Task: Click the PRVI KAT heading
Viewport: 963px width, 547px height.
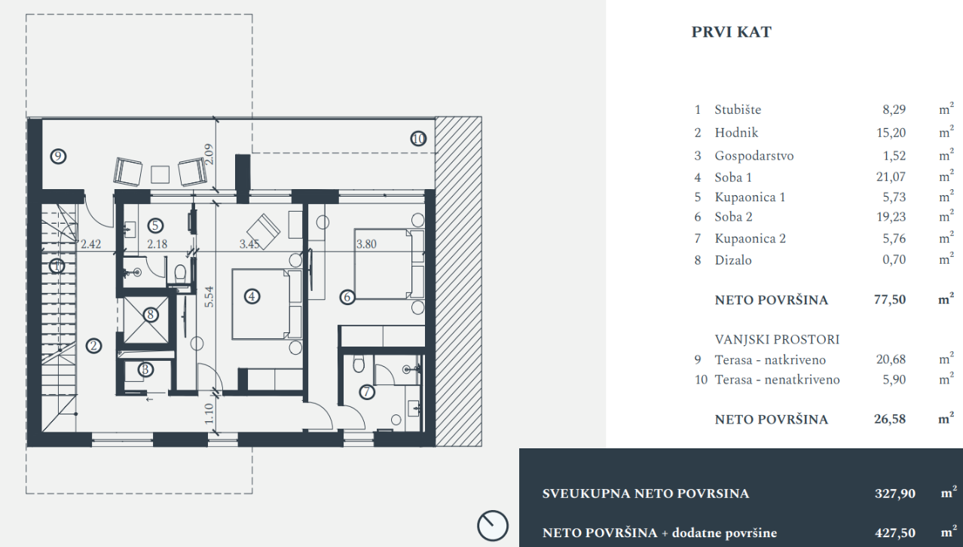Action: click(731, 32)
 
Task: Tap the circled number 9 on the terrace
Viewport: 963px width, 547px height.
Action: click(58, 156)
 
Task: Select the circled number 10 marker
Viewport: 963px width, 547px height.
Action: click(418, 139)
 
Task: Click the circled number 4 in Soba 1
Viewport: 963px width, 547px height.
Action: click(252, 296)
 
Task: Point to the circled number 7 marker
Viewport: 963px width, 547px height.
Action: click(367, 392)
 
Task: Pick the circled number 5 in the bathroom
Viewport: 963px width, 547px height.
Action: click(155, 225)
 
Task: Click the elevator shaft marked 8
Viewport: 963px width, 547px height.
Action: click(146, 320)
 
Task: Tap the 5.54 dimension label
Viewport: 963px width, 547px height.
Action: click(209, 297)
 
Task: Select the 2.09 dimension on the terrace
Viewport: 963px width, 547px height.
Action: click(209, 154)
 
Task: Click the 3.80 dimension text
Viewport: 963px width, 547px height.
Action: click(366, 244)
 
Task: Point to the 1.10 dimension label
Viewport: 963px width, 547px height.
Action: click(209, 413)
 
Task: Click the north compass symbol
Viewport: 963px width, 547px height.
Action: click(493, 525)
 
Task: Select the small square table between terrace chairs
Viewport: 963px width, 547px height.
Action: click(160, 175)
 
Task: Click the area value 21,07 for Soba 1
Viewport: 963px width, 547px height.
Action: click(891, 177)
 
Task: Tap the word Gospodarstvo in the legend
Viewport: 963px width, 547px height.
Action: click(754, 156)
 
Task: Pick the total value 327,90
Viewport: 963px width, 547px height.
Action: click(894, 494)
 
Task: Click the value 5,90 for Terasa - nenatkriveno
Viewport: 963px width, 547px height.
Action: click(894, 380)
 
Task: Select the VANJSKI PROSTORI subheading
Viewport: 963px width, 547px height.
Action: click(777, 340)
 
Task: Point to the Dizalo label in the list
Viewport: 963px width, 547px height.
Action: click(733, 260)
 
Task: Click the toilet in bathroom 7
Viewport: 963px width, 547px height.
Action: click(358, 363)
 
